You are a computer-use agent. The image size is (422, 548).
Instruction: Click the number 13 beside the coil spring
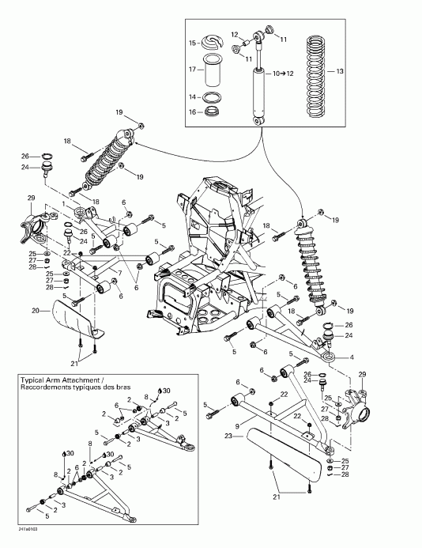[x=341, y=70]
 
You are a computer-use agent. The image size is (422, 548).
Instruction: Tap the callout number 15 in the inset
[x=191, y=42]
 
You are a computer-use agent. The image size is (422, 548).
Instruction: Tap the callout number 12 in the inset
[x=235, y=33]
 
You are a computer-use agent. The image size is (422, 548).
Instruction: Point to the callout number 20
[x=36, y=311]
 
